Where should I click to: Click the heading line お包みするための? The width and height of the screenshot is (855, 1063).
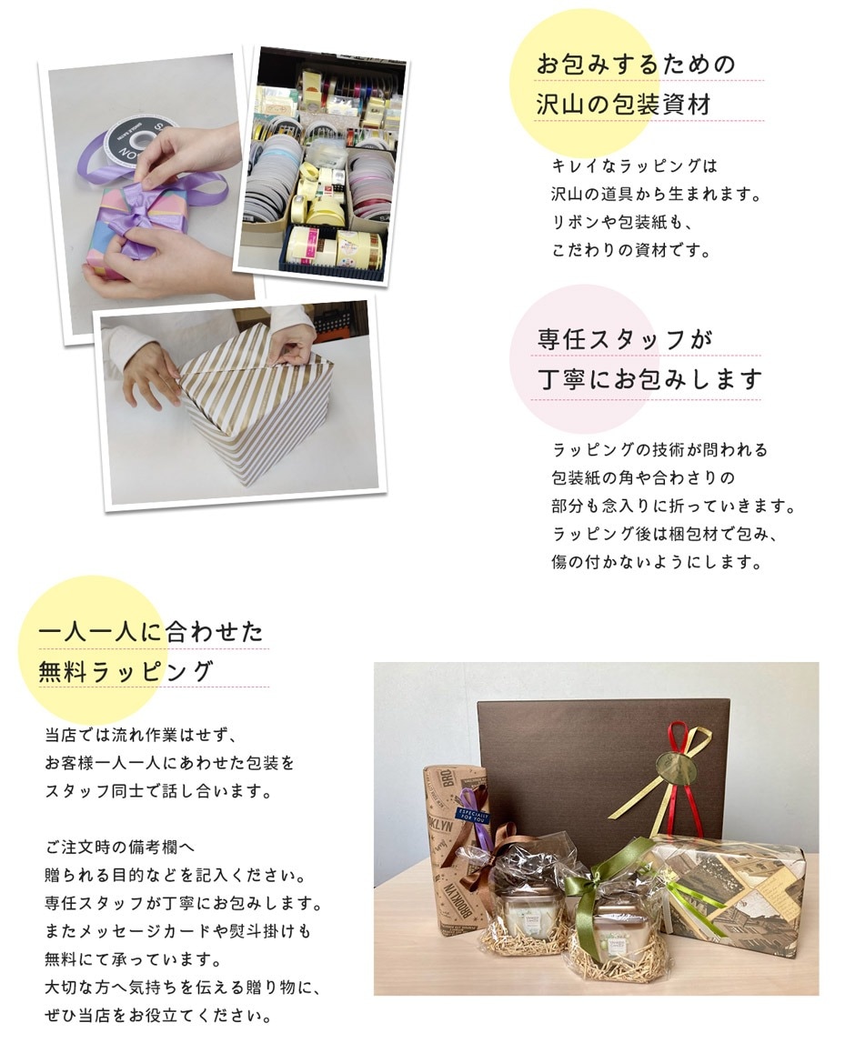point(635,65)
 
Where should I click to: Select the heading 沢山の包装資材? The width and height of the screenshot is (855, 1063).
point(623,105)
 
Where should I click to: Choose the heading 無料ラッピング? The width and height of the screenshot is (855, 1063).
point(126,672)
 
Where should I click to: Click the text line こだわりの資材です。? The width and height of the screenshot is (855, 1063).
point(629,251)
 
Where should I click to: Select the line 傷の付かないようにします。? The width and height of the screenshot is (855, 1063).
point(655,562)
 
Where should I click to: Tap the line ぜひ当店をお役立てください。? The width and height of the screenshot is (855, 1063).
point(158,1016)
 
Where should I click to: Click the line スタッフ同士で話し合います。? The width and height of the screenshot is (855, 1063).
point(158,791)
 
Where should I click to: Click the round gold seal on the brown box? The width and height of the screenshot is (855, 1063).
point(681,763)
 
